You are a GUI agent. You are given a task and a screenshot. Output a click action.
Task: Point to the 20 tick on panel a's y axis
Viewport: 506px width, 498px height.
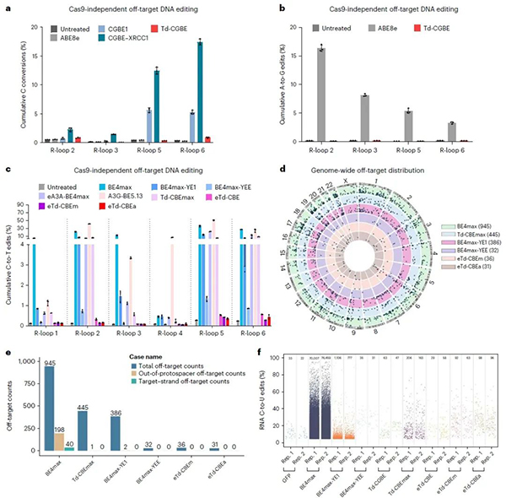coord(32,27)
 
